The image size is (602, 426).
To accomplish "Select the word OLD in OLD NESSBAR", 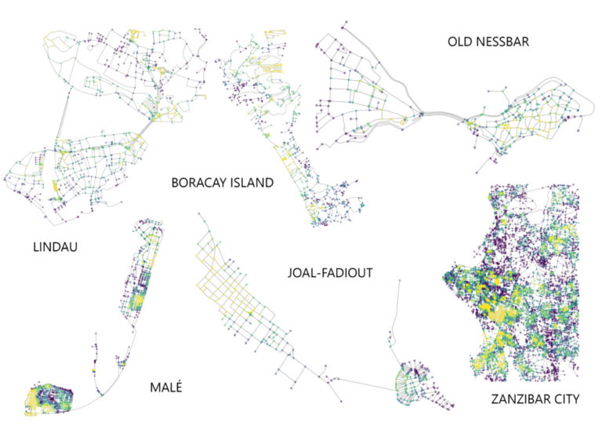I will coord(461,42).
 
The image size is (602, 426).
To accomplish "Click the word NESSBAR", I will coord(502,42).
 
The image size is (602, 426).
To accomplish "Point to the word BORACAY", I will coord(199,184).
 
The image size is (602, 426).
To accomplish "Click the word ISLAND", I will coord(252,184).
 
